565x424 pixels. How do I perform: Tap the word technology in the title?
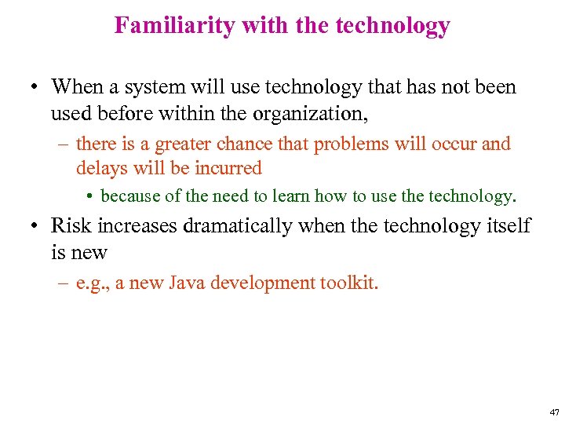click(392, 26)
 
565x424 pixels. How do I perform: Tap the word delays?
click(98, 168)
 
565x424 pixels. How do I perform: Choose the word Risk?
click(69, 226)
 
